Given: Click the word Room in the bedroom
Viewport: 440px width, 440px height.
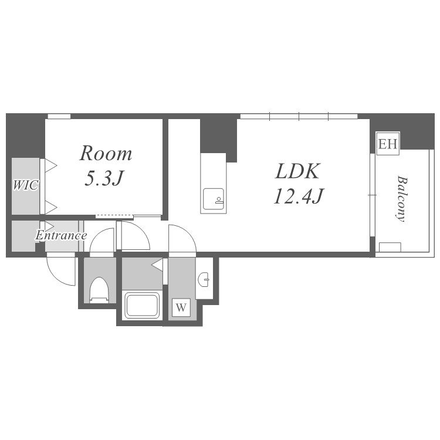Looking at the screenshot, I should pyautogui.click(x=106, y=154).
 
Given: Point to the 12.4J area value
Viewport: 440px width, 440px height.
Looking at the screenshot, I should pyautogui.click(x=298, y=195).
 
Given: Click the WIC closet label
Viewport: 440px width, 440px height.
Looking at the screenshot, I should pyautogui.click(x=25, y=185).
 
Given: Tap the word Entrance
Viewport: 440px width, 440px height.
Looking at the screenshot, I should pyautogui.click(x=61, y=236).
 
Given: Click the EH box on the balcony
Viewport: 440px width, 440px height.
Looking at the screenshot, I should pyautogui.click(x=388, y=144).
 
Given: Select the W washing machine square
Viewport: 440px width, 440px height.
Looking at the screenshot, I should pyautogui.click(x=181, y=307).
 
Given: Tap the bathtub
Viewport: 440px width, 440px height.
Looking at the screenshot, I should pyautogui.click(x=143, y=305).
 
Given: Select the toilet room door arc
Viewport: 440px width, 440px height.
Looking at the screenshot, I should pyautogui.click(x=103, y=241).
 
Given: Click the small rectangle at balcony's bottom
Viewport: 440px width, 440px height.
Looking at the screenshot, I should pyautogui.click(x=390, y=247).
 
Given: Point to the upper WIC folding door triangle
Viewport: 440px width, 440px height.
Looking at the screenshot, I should pyautogui.click(x=50, y=165).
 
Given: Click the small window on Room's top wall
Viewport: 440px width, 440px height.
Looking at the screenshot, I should pyautogui.click(x=59, y=116).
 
